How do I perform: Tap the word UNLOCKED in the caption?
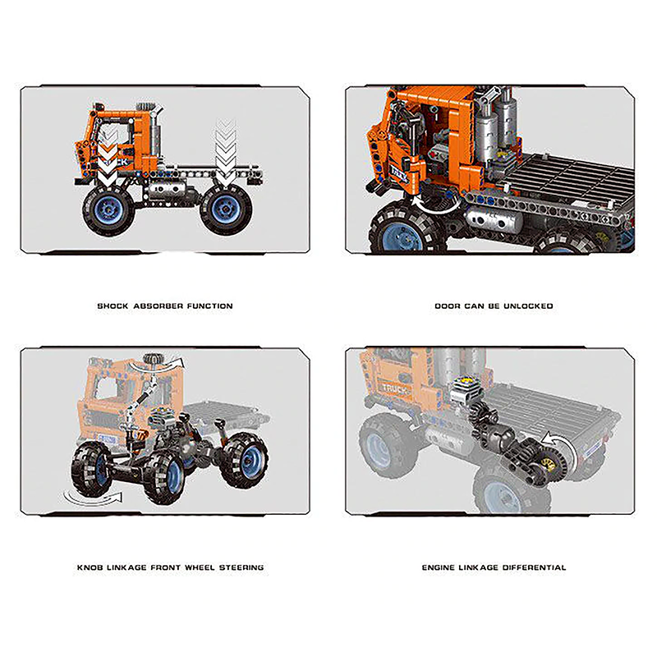pos(530,306)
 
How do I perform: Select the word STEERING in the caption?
pos(241,567)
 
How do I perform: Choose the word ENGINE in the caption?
pos(439,567)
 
